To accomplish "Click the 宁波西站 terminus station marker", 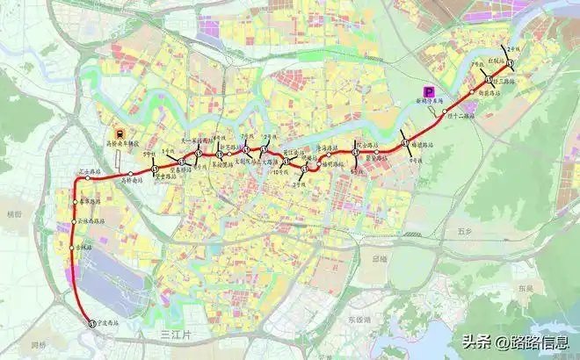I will coord(91,323).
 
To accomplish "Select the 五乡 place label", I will coord(465,233).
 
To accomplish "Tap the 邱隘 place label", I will coord(379,259).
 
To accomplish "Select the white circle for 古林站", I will coord(72,250).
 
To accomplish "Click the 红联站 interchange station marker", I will coord(509,61).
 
